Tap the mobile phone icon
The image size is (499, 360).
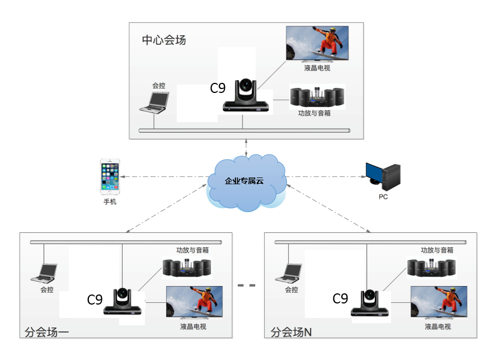(x=110, y=177)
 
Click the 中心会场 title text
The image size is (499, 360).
(x=164, y=40)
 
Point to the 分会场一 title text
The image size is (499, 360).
(x=47, y=332)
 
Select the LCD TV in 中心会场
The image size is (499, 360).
(x=317, y=44)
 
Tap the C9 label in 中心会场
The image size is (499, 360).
(x=218, y=88)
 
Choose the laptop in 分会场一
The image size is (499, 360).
(x=44, y=273)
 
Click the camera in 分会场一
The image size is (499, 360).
(x=123, y=301)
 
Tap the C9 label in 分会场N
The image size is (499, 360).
(x=340, y=298)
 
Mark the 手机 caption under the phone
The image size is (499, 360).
(x=110, y=202)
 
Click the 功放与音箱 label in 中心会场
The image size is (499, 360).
(x=314, y=113)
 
